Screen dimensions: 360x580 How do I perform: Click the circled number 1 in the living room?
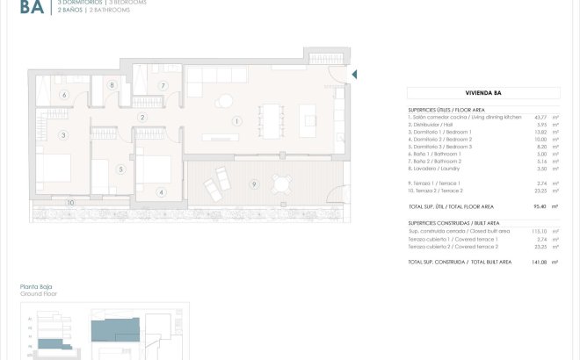(x=236, y=120)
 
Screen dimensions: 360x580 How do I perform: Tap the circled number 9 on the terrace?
(x=254, y=184)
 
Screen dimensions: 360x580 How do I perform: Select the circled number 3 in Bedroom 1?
(x=62, y=135)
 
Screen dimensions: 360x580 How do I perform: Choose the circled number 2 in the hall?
(x=141, y=118)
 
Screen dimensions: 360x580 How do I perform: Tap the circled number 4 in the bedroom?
(x=161, y=192)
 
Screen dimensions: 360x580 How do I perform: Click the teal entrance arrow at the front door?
(x=354, y=76)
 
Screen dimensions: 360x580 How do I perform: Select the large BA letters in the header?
(x=32, y=10)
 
